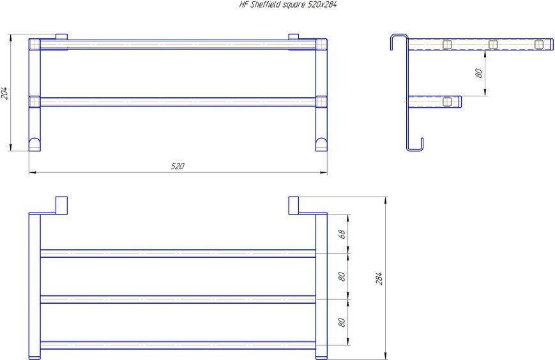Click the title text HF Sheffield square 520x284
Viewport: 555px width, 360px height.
coord(288,4)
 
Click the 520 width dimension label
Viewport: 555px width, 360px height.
coord(178,166)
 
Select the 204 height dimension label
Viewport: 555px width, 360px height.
coord(4,93)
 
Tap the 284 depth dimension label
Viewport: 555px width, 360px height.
coord(379,279)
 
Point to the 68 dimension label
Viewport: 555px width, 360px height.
coord(342,234)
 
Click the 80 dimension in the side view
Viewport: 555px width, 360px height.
coord(478,73)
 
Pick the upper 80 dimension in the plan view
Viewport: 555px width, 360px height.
coord(342,276)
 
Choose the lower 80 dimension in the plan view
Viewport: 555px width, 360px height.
coord(342,322)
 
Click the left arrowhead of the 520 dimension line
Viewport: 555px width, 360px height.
coord(33,172)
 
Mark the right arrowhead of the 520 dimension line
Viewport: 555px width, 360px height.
coord(324,172)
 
